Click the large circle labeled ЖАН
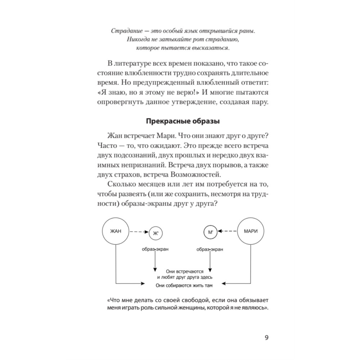click(x=116, y=231)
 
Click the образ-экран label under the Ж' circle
click(x=155, y=249)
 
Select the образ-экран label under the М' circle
click(x=210, y=249)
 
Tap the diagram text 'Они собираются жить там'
click(x=183, y=286)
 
